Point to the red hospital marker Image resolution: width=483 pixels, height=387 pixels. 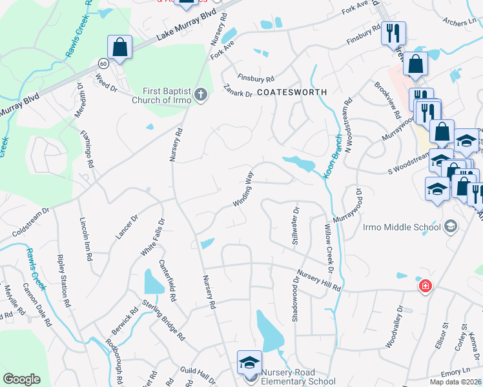(x=425, y=286)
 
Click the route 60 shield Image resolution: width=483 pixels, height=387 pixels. (x=103, y=64)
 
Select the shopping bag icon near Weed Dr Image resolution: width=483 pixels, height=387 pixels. (x=120, y=47)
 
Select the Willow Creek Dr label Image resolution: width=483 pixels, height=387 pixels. (x=330, y=247)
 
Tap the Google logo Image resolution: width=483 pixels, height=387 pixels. (x=21, y=379)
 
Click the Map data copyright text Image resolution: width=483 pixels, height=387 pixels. (x=455, y=382)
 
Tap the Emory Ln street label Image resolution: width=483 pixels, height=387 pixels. (x=457, y=372)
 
